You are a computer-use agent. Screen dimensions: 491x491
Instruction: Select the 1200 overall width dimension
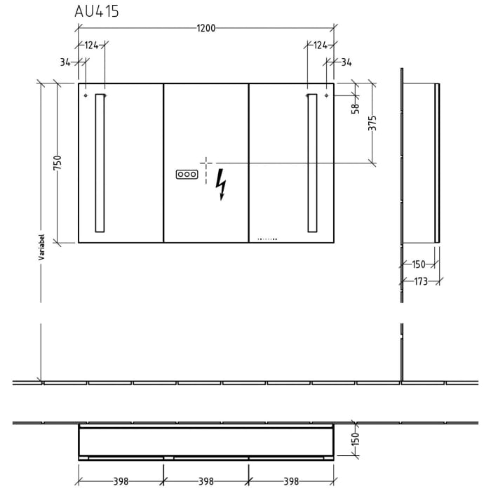click(206, 28)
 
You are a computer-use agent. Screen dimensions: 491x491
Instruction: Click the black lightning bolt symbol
click(222, 184)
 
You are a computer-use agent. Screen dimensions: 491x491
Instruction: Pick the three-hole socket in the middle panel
click(186, 173)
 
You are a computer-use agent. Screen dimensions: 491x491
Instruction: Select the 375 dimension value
click(373, 123)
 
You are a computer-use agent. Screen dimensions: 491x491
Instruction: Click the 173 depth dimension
click(420, 281)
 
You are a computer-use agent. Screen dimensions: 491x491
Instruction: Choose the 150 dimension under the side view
click(418, 264)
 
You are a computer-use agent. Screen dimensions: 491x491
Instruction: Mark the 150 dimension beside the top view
click(355, 440)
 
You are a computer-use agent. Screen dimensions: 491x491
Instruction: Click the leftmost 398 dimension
click(121, 481)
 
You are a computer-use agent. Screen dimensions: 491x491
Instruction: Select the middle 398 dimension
click(206, 481)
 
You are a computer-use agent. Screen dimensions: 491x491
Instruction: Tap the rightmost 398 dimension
click(291, 481)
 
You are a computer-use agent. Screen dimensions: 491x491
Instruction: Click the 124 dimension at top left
click(92, 46)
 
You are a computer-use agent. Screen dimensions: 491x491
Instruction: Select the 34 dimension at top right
click(346, 62)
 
